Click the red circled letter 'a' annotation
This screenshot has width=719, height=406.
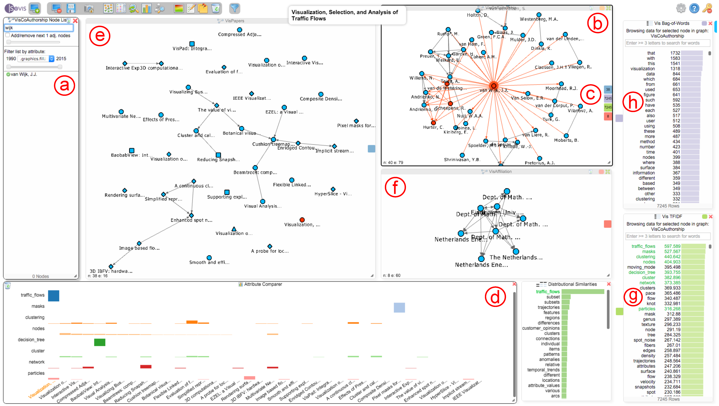(x=65, y=86)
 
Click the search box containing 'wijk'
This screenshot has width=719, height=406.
(x=39, y=28)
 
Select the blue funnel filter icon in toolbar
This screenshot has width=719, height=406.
(x=234, y=8)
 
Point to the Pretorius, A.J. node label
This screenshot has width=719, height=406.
(x=540, y=163)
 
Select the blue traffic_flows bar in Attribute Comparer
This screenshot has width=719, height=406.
(x=54, y=296)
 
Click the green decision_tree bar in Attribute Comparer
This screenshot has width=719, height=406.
(x=100, y=342)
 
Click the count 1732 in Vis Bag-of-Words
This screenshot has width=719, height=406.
(x=675, y=53)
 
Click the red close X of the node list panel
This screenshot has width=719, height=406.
(x=75, y=20)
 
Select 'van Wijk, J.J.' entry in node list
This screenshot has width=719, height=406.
(x=24, y=74)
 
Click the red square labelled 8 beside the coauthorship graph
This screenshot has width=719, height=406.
(x=608, y=116)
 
